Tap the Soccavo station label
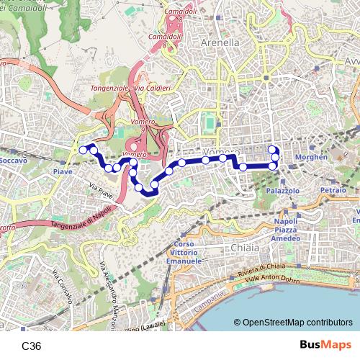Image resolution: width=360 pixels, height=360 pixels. click(14, 161)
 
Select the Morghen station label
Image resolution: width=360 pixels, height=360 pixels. click(312, 157)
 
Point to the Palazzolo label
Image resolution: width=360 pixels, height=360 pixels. click(282, 191)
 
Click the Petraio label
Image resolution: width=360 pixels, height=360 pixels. click(333, 191)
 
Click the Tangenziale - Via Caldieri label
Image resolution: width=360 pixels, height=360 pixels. click(130, 89)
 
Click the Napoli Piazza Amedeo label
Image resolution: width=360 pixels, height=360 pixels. click(285, 230)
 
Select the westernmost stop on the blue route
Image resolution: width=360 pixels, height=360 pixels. click(83, 149)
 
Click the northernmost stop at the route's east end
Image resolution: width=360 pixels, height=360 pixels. click(273, 150)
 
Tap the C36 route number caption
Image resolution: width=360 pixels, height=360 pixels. click(32, 346)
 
